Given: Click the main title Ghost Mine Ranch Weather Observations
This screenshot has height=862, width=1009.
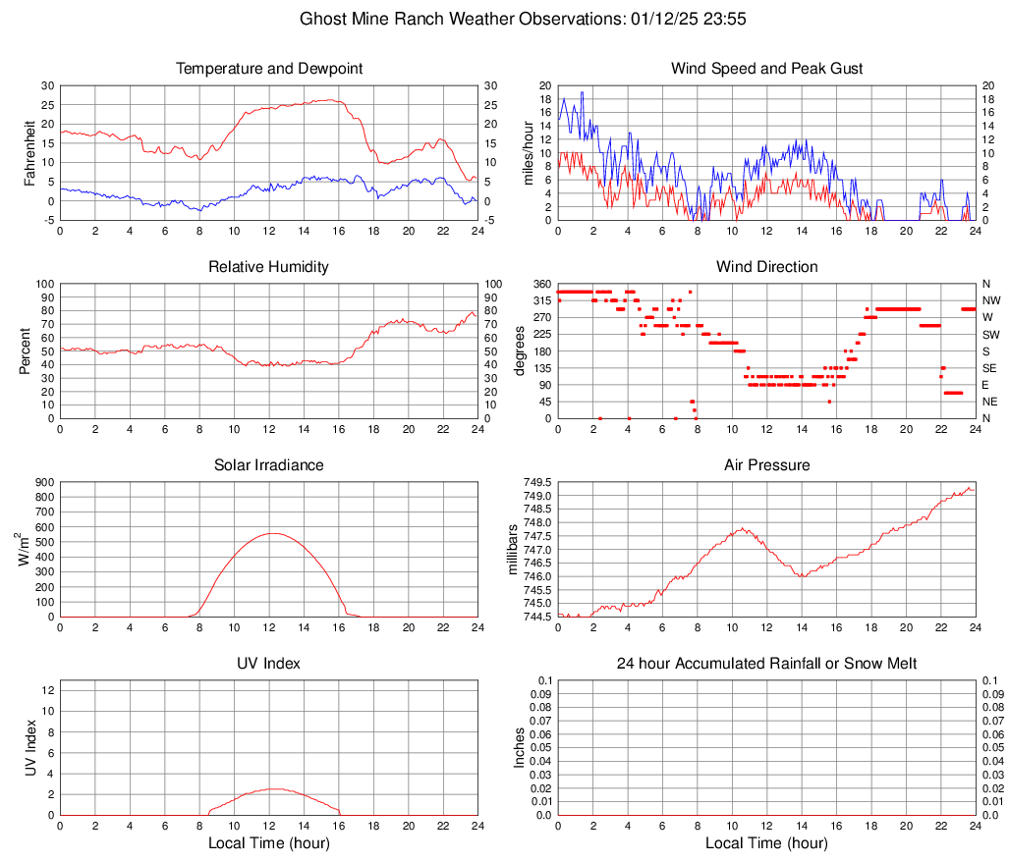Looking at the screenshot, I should click(504, 19).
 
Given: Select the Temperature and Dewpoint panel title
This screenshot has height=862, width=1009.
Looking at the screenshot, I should click(269, 69).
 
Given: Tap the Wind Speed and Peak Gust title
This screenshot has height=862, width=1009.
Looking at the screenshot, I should click(766, 69).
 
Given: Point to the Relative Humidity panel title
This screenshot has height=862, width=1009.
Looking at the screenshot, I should click(269, 267).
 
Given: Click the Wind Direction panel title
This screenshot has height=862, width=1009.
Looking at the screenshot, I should click(766, 267).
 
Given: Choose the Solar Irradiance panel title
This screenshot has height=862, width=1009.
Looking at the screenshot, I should click(269, 465).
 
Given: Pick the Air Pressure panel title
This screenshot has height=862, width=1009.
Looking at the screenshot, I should click(766, 465).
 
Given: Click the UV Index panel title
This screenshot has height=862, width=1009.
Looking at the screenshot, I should click(269, 664).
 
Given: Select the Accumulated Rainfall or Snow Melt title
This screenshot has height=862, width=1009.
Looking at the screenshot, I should click(766, 664).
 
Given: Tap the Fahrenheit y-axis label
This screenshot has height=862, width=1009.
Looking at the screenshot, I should click(30, 153).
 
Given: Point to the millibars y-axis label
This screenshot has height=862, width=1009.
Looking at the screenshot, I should click(512, 550).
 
